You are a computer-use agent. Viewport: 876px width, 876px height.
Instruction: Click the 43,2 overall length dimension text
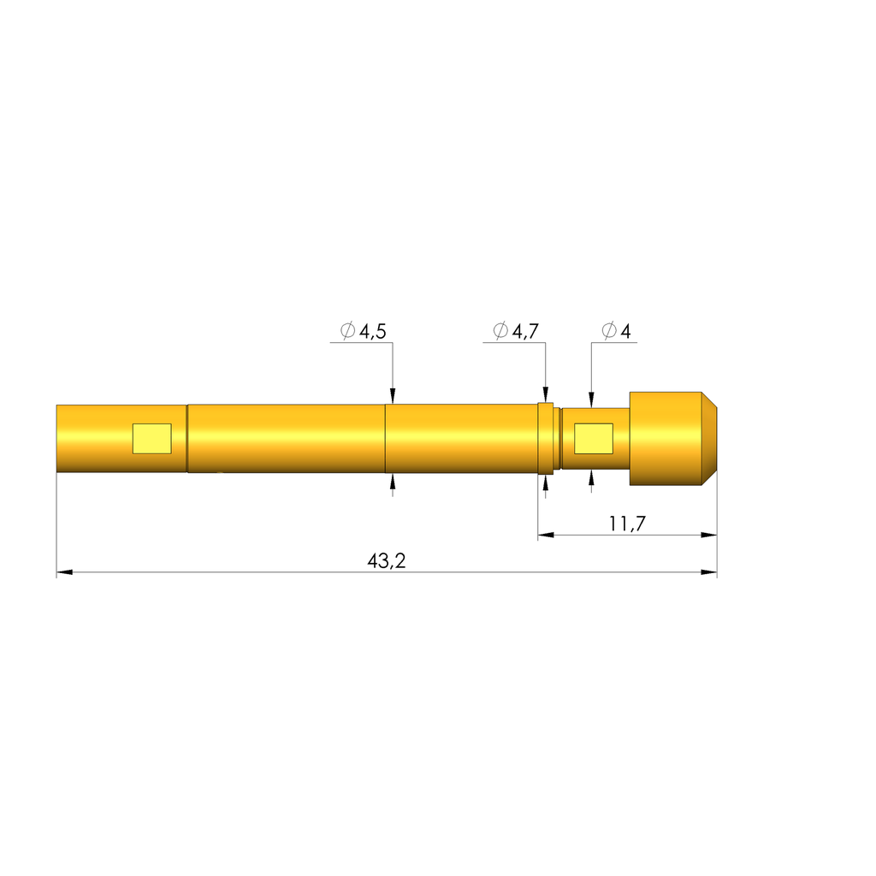(x=386, y=561)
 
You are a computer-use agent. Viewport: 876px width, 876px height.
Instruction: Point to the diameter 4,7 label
(x=517, y=331)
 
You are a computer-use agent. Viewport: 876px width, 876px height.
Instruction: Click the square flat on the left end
(x=151, y=438)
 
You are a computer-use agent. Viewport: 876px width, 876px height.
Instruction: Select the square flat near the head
(x=593, y=438)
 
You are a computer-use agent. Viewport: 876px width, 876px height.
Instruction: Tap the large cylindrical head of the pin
(x=666, y=438)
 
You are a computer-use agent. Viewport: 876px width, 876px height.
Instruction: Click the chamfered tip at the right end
(x=709, y=438)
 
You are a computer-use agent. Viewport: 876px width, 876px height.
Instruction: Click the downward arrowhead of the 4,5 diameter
(x=393, y=395)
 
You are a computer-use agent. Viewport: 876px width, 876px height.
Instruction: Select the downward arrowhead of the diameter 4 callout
(x=591, y=400)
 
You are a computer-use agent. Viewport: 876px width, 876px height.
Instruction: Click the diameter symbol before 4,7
(x=501, y=331)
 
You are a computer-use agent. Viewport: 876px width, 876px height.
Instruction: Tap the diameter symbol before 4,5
(x=347, y=332)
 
